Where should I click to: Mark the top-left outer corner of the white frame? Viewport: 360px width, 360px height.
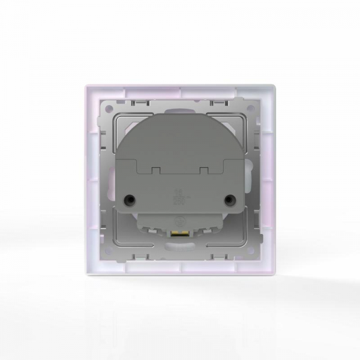pyautogui.click(x=83, y=86)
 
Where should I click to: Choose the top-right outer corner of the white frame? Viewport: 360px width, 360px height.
pyautogui.click(x=276, y=86)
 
